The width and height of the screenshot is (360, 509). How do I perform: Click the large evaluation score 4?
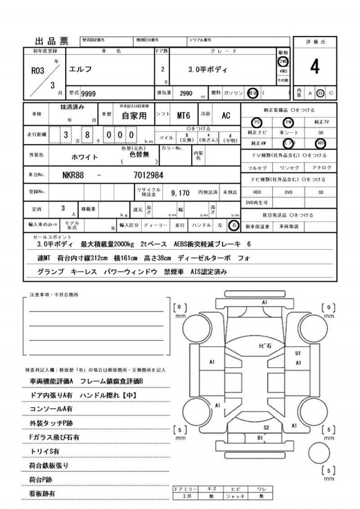(314, 67)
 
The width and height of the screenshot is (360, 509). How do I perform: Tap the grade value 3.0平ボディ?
(209, 70)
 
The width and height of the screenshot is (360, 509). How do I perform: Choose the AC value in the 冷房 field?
(226, 116)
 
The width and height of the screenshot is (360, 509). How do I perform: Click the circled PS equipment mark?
(256, 122)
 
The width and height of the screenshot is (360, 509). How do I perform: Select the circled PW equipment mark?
(289, 122)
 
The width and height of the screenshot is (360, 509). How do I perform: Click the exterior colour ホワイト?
(83, 157)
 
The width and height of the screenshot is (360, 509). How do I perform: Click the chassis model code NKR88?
(73, 175)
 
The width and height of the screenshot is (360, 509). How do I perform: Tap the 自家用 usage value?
(134, 116)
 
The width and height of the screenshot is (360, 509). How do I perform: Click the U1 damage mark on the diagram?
(298, 353)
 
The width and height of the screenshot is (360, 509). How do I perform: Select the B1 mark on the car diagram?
(260, 436)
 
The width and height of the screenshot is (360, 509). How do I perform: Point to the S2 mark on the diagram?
(267, 428)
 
